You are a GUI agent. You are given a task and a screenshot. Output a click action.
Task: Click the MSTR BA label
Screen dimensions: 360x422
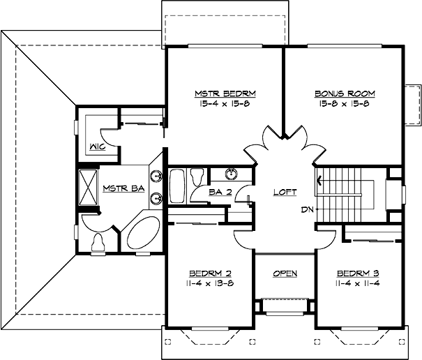tap(119, 188)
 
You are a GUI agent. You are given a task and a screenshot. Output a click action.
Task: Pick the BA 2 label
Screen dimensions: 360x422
tap(220, 192)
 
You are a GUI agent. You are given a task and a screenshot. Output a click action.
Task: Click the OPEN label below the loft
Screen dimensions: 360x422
tap(285, 273)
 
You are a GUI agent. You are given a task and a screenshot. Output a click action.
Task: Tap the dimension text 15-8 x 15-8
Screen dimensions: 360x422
tap(345, 103)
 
